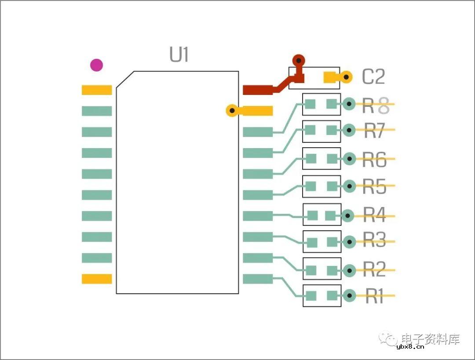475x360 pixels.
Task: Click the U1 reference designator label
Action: point(179,55)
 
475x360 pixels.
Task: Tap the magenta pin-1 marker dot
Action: point(96,65)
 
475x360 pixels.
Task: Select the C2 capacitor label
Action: point(373,77)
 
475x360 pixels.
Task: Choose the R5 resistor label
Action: point(374,187)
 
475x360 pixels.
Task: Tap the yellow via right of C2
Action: point(346,77)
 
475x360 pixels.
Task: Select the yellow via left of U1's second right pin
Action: point(231,110)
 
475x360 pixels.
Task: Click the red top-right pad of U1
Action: point(258,90)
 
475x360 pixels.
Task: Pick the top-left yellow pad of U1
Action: point(97,90)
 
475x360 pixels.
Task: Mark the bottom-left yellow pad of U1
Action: point(97,279)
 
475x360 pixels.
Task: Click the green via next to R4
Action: point(347,215)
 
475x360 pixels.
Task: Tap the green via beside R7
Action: point(349,130)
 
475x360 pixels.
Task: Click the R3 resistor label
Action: point(374,241)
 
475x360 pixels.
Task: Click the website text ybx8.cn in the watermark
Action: point(410,346)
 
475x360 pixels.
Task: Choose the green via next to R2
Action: point(349,270)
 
